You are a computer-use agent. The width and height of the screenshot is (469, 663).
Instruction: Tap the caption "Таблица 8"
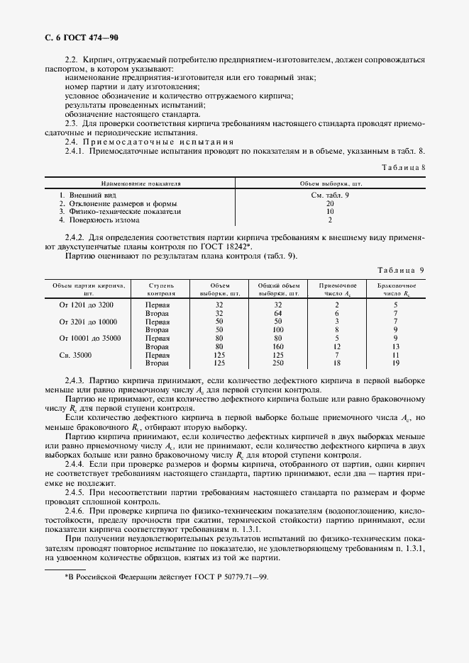402,167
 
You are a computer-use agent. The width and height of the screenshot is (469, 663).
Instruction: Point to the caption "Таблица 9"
401,270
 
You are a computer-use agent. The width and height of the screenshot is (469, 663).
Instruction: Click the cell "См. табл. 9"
330,194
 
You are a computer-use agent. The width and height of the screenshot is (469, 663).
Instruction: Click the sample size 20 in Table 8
330,203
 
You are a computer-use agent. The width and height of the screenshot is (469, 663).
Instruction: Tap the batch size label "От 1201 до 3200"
89,305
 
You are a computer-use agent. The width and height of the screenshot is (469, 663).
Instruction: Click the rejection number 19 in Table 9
395,363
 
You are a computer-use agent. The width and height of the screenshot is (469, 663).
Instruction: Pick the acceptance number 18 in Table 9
337,363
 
